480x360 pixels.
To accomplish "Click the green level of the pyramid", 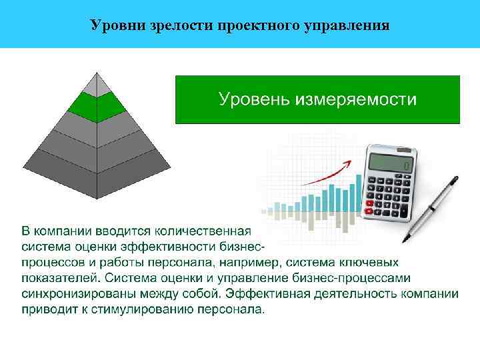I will pyautogui.click(x=97, y=103).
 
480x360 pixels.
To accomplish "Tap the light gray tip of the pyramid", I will pyautogui.click(x=97, y=83).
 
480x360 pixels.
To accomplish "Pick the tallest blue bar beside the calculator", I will pyautogui.click(x=359, y=193).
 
